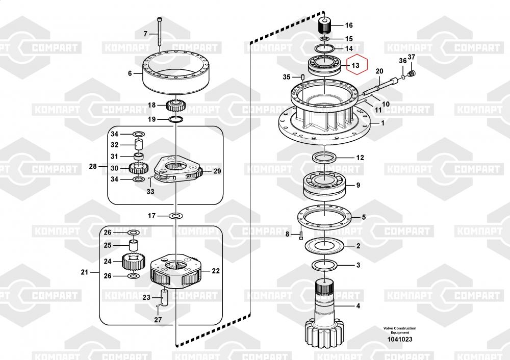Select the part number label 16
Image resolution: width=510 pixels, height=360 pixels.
pyautogui.click(x=349, y=25)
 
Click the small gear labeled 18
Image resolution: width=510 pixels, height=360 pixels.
pyautogui.click(x=175, y=105)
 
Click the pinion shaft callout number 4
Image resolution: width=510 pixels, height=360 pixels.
pyautogui.click(x=358, y=305)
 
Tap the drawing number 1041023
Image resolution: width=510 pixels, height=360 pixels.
pyautogui.click(x=400, y=339)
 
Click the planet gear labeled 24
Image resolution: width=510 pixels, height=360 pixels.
pyautogui.click(x=133, y=262)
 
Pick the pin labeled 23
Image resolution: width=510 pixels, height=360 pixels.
pyautogui.click(x=164, y=297)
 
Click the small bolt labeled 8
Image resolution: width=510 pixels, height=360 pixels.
pyautogui.click(x=300, y=234)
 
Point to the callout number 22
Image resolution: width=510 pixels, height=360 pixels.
pyautogui.click(x=216, y=271)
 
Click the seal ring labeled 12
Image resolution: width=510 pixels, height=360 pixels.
pyautogui.click(x=324, y=158)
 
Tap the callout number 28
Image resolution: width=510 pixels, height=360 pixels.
pyautogui.click(x=93, y=167)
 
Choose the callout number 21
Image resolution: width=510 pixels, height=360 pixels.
pyautogui.click(x=85, y=272)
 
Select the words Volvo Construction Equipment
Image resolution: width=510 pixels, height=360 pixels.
pyautogui.click(x=400, y=330)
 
